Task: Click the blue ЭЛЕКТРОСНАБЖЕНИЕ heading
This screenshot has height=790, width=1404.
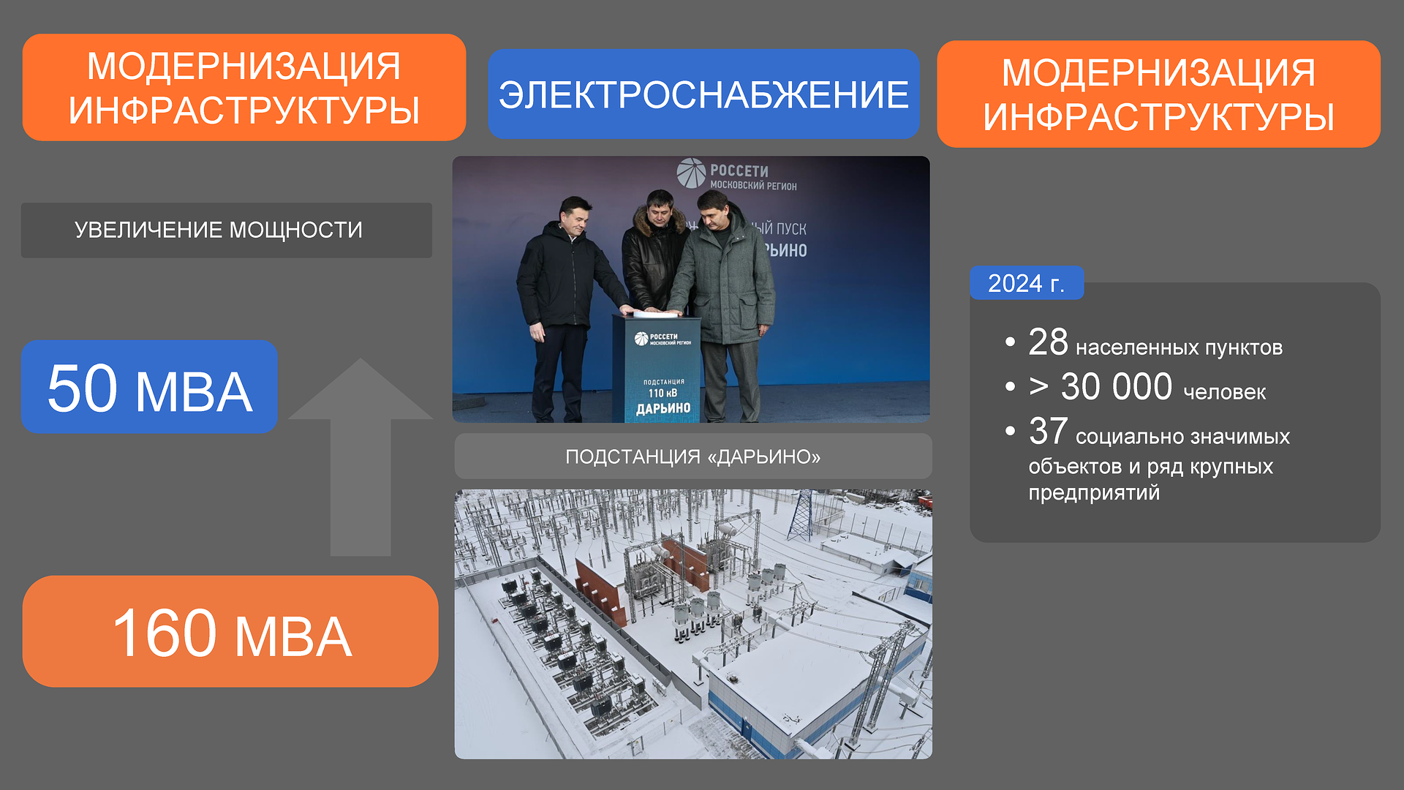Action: [703, 94]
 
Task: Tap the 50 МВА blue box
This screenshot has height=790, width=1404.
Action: [149, 387]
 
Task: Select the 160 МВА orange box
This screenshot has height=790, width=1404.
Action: [230, 631]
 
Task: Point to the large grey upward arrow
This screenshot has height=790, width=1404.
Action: [361, 457]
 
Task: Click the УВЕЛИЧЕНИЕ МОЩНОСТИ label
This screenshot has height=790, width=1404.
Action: [219, 230]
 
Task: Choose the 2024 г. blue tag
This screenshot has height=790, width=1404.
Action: [1027, 283]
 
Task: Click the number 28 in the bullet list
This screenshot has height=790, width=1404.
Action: [1048, 342]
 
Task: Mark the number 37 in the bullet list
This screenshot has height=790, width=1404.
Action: [1048, 431]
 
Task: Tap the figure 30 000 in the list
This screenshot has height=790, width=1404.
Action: [1117, 387]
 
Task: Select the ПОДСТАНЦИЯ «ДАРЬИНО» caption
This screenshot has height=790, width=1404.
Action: [693, 457]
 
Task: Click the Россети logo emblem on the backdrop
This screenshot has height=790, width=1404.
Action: [691, 173]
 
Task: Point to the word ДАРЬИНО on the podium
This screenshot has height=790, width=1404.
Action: [663, 408]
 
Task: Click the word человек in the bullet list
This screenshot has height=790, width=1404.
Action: [1225, 393]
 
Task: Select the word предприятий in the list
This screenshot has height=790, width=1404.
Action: [1094, 493]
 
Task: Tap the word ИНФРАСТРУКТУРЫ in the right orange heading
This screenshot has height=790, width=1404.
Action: [1159, 117]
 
